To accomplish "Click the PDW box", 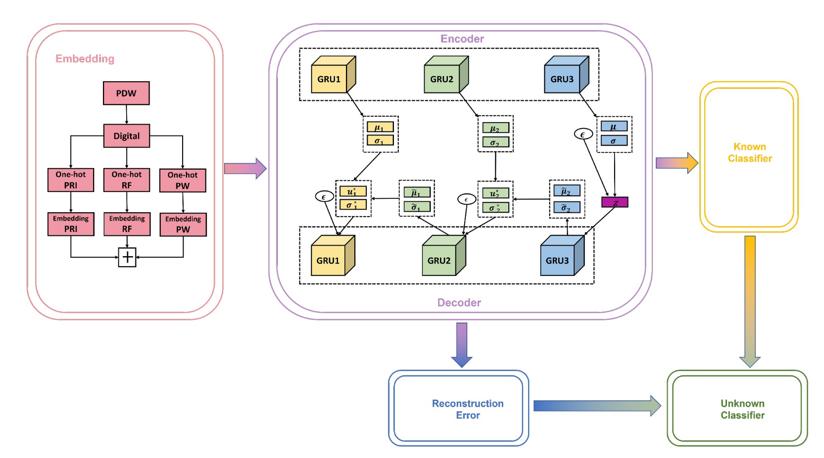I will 126,93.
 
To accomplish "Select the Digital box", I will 127,136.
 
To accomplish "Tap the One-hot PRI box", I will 71,180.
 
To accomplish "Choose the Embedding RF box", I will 127,224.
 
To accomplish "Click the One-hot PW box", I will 183,181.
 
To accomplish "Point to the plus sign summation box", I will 127,257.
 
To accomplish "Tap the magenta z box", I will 615,202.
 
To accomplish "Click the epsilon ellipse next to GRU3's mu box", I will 583,134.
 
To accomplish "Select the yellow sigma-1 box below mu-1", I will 380,141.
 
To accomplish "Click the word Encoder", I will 462,39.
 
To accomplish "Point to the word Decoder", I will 459,303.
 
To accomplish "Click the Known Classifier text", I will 749,152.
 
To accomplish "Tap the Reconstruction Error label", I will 468,409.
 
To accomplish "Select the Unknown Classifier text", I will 742,409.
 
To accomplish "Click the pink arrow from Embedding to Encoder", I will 245,169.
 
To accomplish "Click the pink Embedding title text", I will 85,59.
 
